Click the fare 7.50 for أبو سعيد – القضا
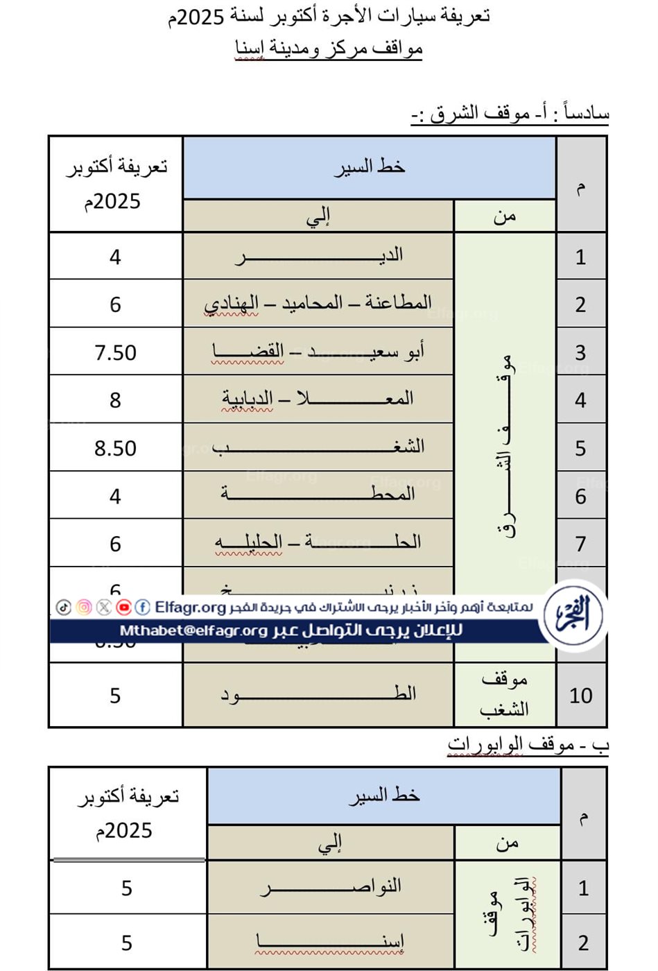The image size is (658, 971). point(115,352)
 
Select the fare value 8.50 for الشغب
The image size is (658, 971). point(115,448)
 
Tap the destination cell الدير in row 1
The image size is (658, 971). point(318,256)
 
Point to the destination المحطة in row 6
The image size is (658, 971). point(318,495)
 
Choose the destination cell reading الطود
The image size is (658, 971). point(318,694)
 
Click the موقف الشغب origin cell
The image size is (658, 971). point(504,694)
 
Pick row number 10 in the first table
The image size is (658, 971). point(580,696)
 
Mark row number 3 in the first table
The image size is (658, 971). point(580,352)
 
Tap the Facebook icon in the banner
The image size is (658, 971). point(142,608)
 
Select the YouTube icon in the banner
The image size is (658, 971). point(123,608)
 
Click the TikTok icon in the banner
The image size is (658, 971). point(64,608)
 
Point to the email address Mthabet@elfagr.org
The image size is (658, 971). point(193,631)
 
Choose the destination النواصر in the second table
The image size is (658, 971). point(331,887)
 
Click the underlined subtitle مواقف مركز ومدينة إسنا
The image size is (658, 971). point(329,49)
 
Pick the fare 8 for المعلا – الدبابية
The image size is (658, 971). point(115,400)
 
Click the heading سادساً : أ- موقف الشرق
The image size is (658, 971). point(510,112)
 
